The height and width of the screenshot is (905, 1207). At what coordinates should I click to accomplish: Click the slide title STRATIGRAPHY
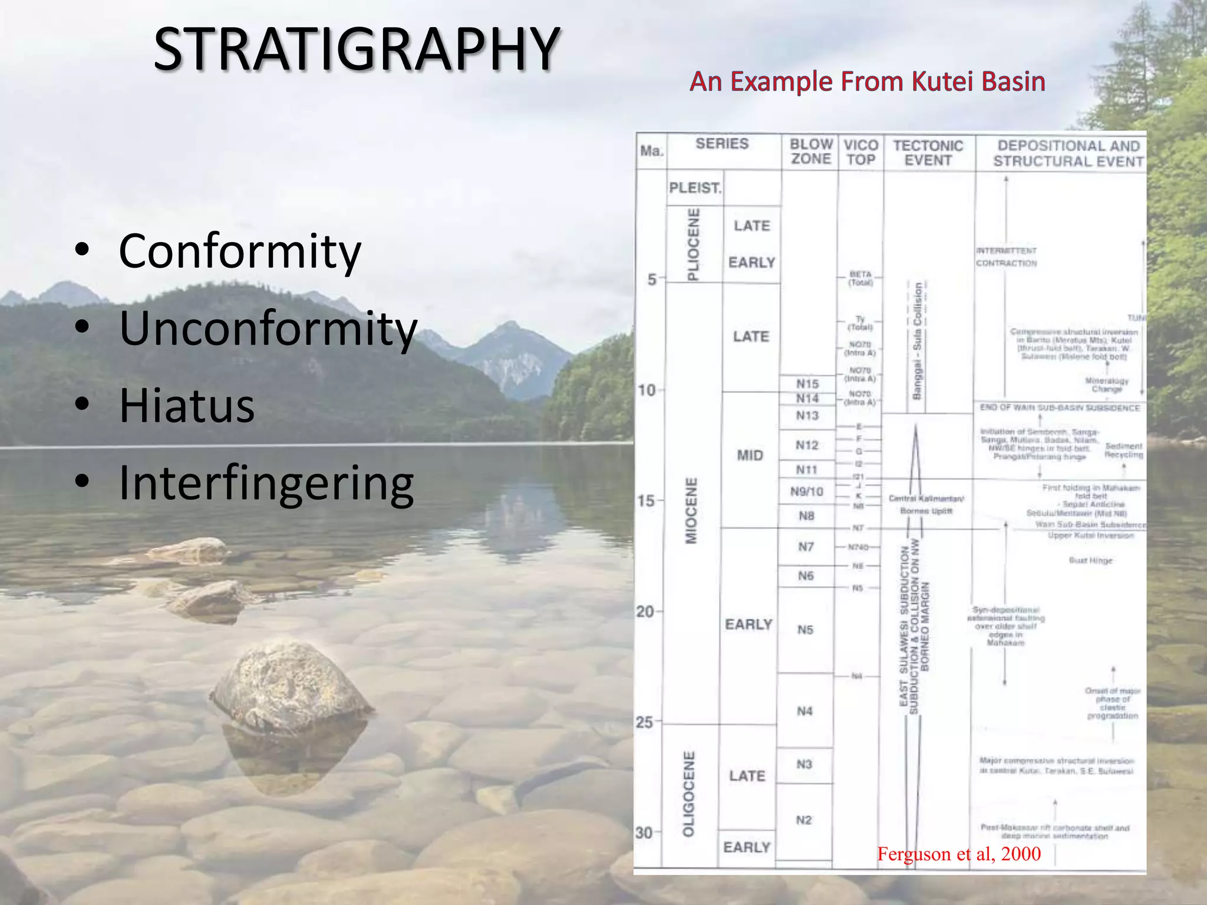[357, 49]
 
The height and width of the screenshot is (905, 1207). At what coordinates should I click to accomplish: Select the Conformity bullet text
[240, 252]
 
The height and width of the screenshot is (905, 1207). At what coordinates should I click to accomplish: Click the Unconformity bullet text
[268, 329]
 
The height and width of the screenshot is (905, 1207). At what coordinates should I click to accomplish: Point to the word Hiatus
[187, 406]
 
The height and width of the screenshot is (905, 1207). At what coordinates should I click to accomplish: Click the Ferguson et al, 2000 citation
[959, 854]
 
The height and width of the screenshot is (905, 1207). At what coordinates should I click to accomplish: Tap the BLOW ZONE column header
[811, 151]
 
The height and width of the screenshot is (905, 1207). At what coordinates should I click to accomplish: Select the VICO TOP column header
[860, 153]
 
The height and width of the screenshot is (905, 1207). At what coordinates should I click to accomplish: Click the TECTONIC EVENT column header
[928, 153]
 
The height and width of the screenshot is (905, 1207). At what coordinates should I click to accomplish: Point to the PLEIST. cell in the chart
[695, 188]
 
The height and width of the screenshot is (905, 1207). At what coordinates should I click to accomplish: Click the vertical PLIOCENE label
[694, 244]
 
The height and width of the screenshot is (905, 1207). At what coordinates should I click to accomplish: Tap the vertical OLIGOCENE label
[688, 794]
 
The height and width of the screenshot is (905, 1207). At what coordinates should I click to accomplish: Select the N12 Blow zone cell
[807, 445]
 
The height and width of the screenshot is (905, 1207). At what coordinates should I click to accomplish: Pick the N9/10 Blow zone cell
[807, 491]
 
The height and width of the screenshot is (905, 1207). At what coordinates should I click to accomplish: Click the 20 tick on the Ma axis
[645, 612]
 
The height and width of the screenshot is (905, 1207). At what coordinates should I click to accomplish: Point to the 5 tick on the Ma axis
[652, 279]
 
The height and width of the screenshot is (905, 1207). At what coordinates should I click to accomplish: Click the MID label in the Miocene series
[750, 455]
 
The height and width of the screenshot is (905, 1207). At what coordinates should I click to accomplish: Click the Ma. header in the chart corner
[651, 151]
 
